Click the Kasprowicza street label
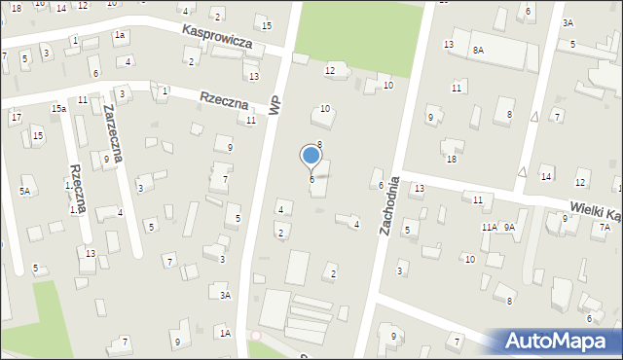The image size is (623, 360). [218, 38]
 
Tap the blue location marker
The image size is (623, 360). [311, 156]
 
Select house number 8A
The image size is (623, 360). [477, 50]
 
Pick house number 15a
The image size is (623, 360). [59, 108]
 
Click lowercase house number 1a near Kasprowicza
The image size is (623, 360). [120, 35]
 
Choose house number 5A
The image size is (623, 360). [25, 192]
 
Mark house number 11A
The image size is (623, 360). [489, 227]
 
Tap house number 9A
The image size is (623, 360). [508, 227]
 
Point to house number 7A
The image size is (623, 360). [605, 227]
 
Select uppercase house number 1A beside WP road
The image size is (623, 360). [225, 333]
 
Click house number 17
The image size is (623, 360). [16, 118]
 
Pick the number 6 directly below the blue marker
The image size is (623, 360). [311, 179]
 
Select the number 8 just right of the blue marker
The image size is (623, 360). [319, 144]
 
